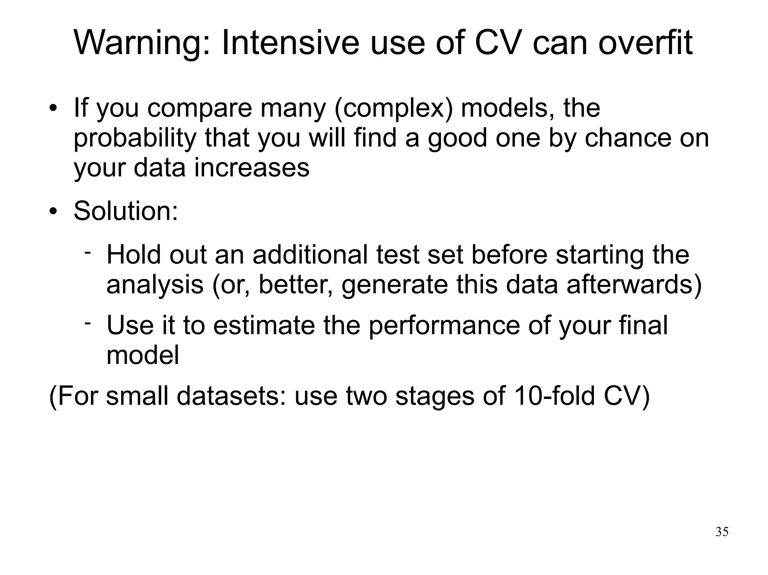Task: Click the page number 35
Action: point(722,532)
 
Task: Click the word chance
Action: point(628,138)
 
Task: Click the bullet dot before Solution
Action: point(53,212)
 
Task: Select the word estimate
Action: point(264,325)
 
